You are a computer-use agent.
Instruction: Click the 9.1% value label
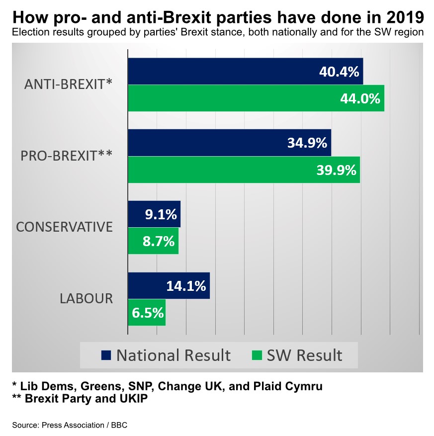click(161, 215)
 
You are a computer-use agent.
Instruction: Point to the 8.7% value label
click(159, 242)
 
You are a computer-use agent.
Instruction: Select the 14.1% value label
click(186, 286)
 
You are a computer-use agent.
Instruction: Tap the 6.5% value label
click(148, 313)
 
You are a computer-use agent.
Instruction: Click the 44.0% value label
click(360, 98)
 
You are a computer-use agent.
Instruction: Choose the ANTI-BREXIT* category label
click(69, 85)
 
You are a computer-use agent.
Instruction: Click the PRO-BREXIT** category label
click(66, 156)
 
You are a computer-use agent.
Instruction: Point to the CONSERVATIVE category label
click(64, 227)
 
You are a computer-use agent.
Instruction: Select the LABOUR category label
click(86, 299)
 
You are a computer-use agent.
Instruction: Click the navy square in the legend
click(105, 355)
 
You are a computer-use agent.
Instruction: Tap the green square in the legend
click(257, 355)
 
